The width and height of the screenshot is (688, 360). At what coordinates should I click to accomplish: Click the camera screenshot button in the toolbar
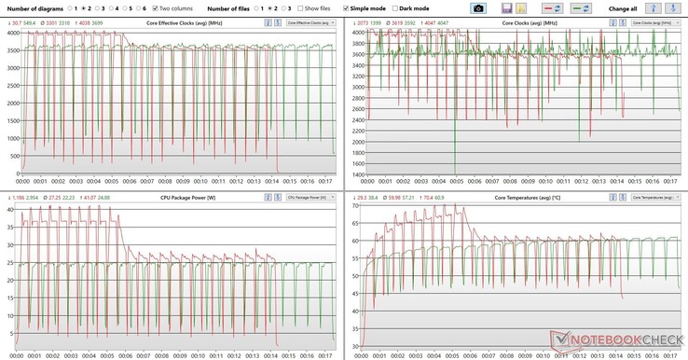(477, 7)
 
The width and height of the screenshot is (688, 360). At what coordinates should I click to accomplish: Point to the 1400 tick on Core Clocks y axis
(357, 174)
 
